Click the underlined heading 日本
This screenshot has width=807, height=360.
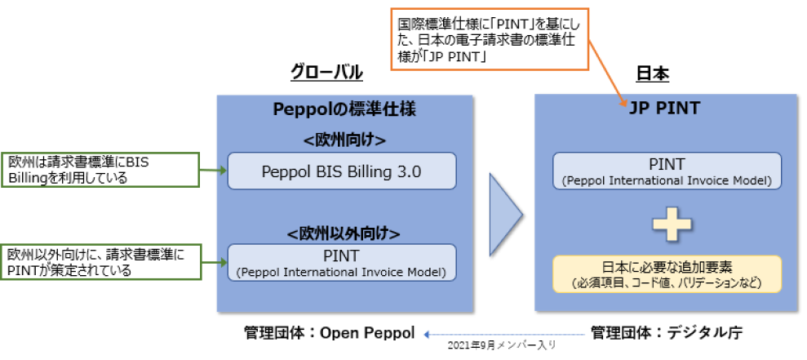[652, 73]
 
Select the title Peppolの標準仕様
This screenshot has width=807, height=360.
[346, 109]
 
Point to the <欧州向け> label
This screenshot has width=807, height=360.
[344, 140]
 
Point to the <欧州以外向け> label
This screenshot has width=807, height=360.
[344, 233]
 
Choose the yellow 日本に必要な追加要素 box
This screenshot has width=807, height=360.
[667, 274]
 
